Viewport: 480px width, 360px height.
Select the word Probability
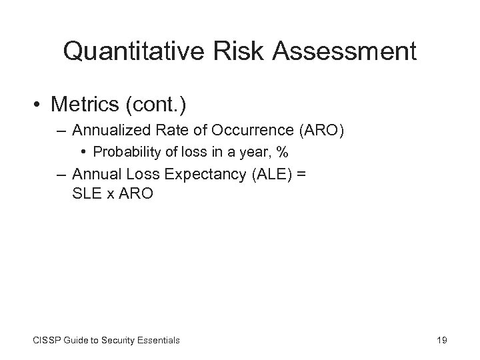pyautogui.click(x=123, y=153)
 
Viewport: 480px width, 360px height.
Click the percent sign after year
pyautogui.click(x=283, y=153)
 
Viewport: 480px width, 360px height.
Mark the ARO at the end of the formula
pyautogui.click(x=137, y=194)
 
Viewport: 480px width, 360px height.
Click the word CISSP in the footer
pyautogui.click(x=45, y=341)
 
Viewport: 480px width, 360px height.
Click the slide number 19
pyautogui.click(x=441, y=341)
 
